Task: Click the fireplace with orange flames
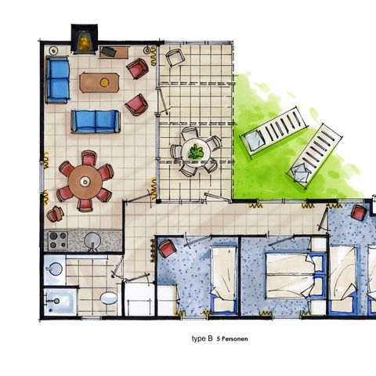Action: [85, 38]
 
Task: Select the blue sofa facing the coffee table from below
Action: [95, 121]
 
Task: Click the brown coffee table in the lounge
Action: [99, 82]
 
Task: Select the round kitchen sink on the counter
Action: [92, 241]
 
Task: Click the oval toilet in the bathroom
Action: [109, 298]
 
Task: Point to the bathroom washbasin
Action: [53, 271]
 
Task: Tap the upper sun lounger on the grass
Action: [274, 129]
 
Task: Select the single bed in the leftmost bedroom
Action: [222, 279]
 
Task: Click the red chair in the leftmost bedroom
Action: [168, 250]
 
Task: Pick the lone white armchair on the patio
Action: [175, 56]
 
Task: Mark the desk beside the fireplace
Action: [114, 52]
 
